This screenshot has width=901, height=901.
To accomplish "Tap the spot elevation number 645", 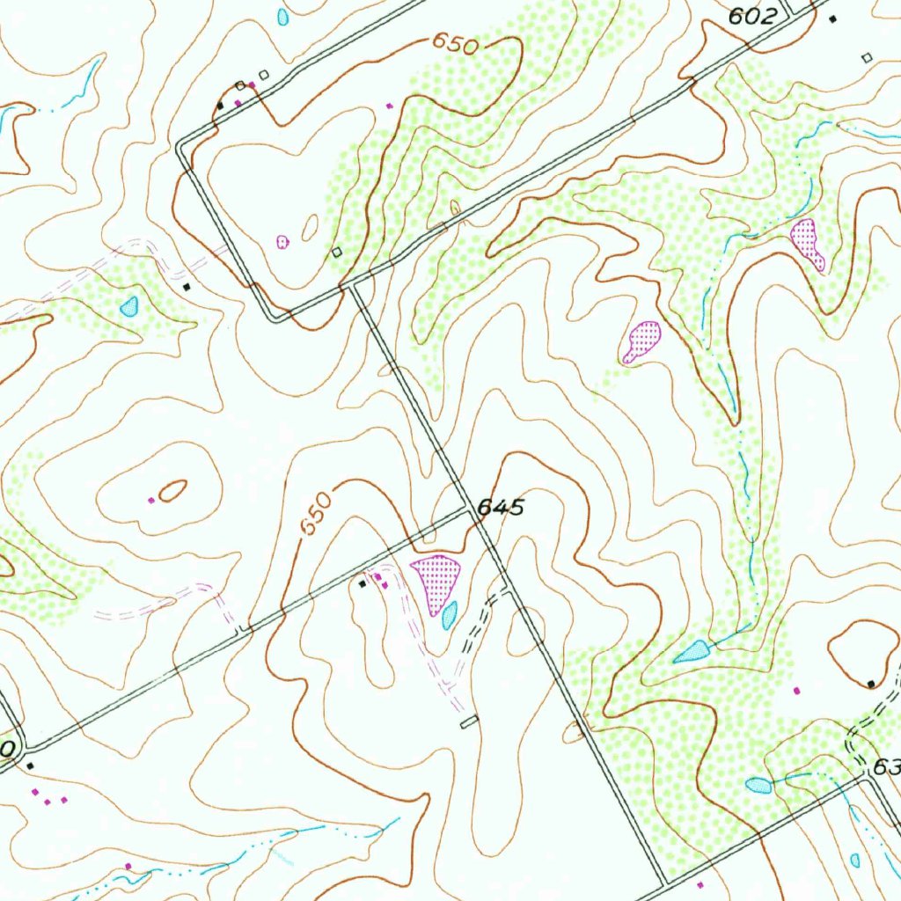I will [x=501, y=508].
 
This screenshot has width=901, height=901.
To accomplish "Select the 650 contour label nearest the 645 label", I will [x=316, y=515].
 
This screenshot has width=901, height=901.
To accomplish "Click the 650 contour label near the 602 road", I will [x=454, y=44].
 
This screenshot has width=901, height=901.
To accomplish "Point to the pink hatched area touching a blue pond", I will [x=435, y=580].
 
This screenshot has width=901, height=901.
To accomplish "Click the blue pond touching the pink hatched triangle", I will [x=449, y=615].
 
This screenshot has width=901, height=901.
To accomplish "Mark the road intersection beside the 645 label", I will [x=470, y=510].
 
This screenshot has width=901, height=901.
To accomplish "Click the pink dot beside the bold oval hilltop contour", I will [x=151, y=501].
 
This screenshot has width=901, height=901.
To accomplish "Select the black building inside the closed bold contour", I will [x=870, y=684].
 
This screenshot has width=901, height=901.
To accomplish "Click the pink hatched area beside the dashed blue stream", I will [x=807, y=242].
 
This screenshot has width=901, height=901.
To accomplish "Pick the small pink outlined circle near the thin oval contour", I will [x=282, y=241].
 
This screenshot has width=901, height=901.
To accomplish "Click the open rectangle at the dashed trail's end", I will [x=470, y=722].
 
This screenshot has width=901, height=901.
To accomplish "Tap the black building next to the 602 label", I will [x=832, y=18].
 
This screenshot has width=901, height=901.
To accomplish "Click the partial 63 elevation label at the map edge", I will [x=885, y=767].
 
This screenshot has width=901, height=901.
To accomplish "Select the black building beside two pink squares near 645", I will [x=363, y=583].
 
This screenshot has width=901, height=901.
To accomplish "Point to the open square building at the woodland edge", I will [x=337, y=253].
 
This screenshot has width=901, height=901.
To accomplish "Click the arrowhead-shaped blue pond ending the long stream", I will [x=693, y=652].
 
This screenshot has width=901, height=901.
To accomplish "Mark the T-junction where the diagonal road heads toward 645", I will [x=352, y=285].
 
